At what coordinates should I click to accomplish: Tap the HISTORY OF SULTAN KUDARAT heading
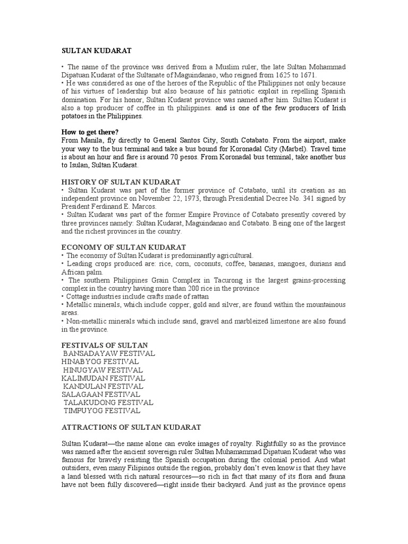pyautogui.click(x=121, y=182)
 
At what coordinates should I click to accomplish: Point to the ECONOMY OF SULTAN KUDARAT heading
pyautogui.click(x=124, y=248)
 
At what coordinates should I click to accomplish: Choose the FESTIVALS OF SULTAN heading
pyautogui.click(x=105, y=346)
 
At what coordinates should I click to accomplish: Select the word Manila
pyautogui.click(x=93, y=140)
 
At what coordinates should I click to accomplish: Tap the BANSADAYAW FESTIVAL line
pyautogui.click(x=109, y=353)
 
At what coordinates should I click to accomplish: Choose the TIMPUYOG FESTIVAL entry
pyautogui.click(x=102, y=411)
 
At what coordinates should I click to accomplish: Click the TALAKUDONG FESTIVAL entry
pyautogui.click(x=108, y=403)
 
